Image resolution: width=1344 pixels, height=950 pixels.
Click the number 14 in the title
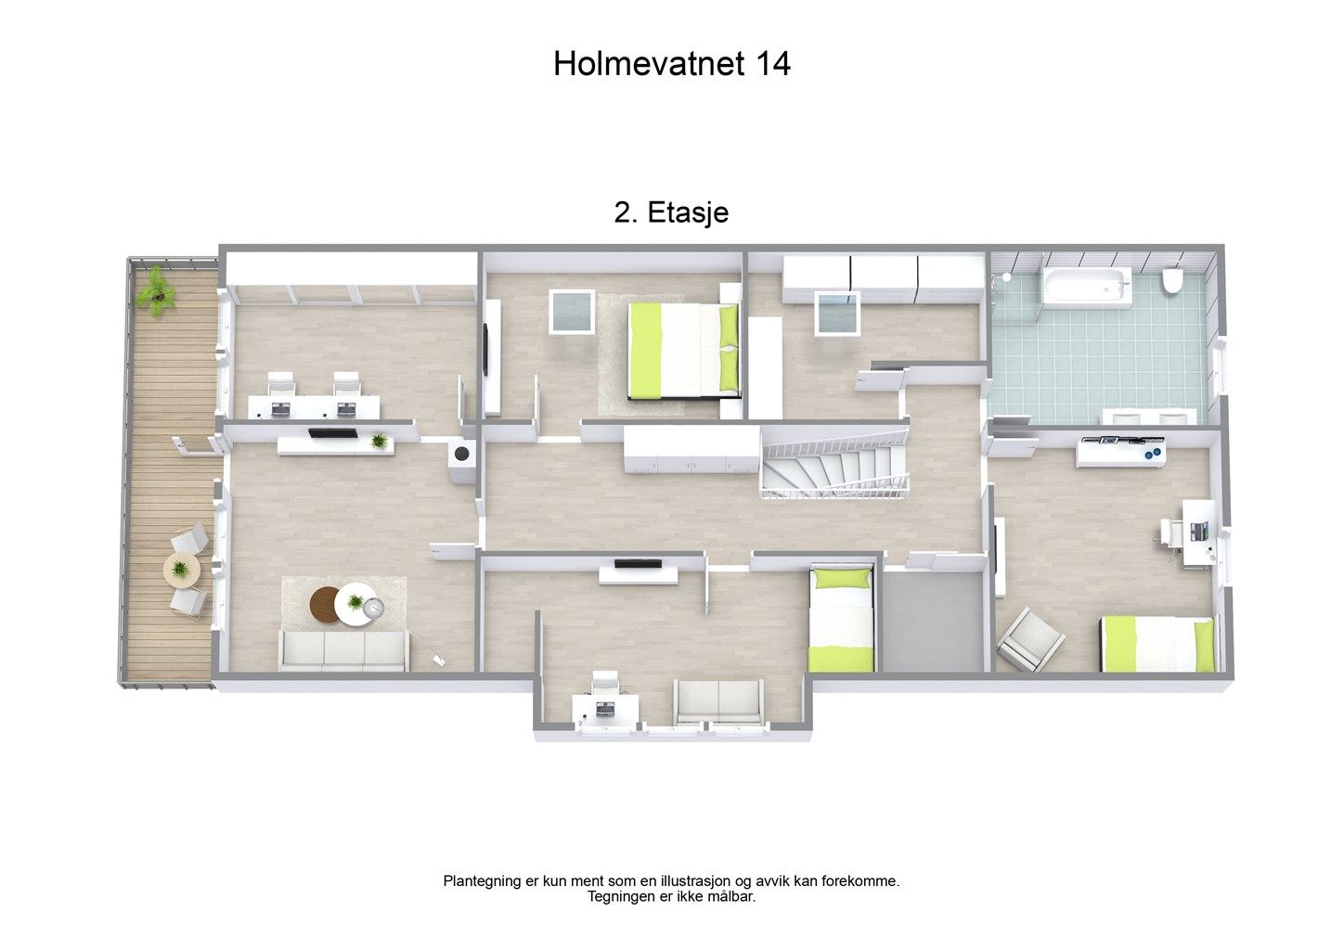pyautogui.click(x=772, y=64)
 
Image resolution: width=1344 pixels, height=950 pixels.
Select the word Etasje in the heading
pyautogui.click(x=688, y=212)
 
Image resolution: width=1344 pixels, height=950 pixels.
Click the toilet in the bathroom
pyautogui.click(x=1171, y=280)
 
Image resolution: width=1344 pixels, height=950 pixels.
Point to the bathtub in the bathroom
pyautogui.click(x=1087, y=286)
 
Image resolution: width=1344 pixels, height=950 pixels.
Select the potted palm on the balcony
pyautogui.click(x=156, y=292)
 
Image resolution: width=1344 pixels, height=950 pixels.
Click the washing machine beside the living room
pyautogui.click(x=462, y=460)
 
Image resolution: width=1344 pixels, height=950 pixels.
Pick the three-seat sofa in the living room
pyautogui.click(x=344, y=650)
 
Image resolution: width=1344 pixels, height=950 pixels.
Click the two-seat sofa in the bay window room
pyautogui.click(x=718, y=701)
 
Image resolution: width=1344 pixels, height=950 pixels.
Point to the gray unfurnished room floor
pyautogui.click(x=933, y=622)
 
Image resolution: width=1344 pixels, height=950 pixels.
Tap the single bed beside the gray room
pyautogui.click(x=841, y=619)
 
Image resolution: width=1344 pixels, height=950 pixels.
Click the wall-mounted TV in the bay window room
pyautogui.click(x=638, y=563)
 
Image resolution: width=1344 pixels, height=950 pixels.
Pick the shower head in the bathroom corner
pyautogui.click(x=1006, y=277)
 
